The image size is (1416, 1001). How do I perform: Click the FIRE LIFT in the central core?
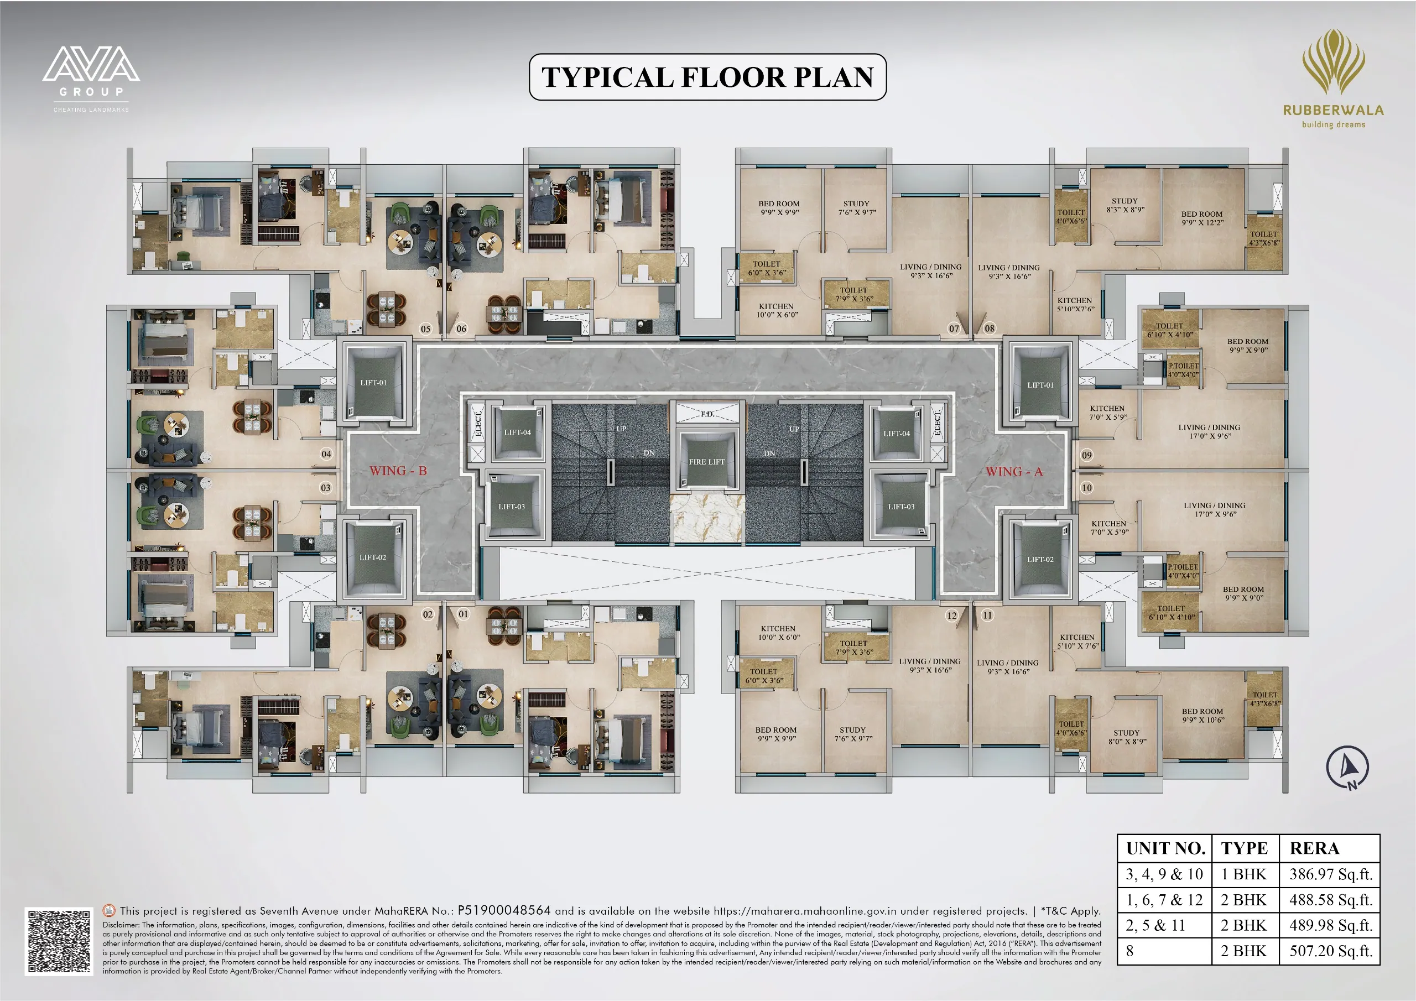[x=706, y=461]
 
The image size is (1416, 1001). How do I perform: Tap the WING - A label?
[x=1014, y=472]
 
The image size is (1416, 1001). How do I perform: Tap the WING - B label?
[x=398, y=471]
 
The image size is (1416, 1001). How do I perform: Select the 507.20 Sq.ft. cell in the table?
[x=1330, y=951]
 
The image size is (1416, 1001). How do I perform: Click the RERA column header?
[x=1314, y=849]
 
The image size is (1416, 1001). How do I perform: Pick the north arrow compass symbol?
[x=1347, y=767]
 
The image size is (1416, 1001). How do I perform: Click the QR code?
[x=59, y=941]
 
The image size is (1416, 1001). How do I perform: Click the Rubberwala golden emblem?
[x=1334, y=62]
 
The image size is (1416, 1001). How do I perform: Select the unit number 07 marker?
[x=954, y=328]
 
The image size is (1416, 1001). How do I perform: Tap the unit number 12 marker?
[x=951, y=616]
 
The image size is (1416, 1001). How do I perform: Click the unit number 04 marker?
[x=326, y=454]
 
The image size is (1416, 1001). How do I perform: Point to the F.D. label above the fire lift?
[x=707, y=414]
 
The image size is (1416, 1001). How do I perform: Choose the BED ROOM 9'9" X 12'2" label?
[x=1202, y=218]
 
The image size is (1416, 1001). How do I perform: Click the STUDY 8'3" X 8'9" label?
[x=1125, y=205]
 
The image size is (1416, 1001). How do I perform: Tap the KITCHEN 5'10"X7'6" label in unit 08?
[x=1075, y=305]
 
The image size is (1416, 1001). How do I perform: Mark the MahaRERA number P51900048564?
[x=504, y=910]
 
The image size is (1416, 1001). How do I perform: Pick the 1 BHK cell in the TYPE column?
[x=1243, y=874]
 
